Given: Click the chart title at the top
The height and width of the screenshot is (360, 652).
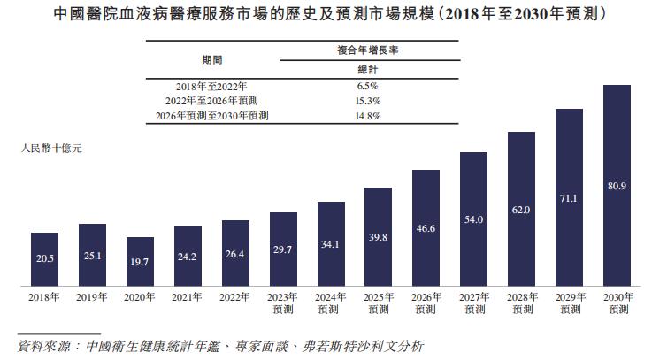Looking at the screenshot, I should (x=326, y=15).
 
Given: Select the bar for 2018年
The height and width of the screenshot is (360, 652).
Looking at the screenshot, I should (x=44, y=260).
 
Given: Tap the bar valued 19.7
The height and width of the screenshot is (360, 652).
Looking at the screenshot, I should (x=140, y=262).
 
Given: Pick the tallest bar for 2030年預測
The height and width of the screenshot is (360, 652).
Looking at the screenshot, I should (x=616, y=186).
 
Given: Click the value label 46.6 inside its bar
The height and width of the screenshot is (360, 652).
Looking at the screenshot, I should (x=426, y=228).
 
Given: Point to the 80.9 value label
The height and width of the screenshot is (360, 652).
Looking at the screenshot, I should (x=616, y=186).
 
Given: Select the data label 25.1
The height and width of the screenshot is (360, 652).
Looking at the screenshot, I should (x=92, y=256).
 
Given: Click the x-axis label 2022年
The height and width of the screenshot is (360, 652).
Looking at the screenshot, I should (x=235, y=298).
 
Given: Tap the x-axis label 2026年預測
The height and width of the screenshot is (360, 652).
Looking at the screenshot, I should (x=426, y=303).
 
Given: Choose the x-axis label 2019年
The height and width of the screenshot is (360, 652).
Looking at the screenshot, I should (x=92, y=298).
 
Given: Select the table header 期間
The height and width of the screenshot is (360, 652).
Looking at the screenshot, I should (x=212, y=59).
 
